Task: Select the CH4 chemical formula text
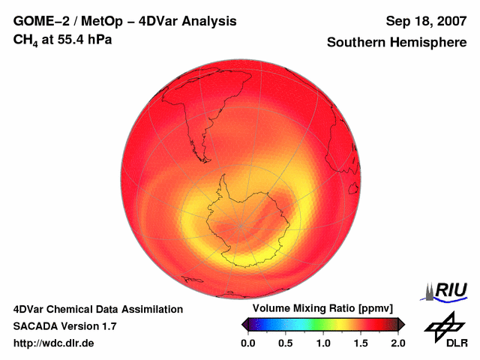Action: click(x=25, y=39)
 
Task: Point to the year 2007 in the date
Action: click(x=448, y=21)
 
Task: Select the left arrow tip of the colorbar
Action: click(x=244, y=324)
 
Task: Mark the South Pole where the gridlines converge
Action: click(x=241, y=225)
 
